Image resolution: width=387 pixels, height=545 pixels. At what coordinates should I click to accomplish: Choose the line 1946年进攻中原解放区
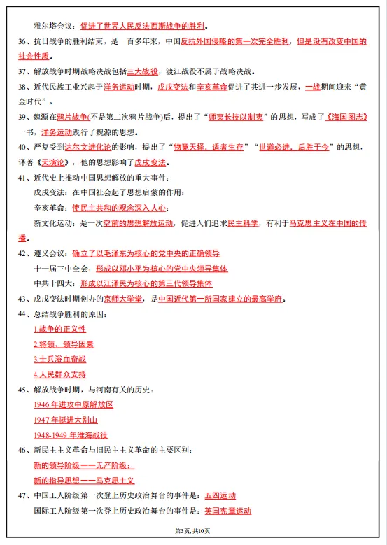[x=73, y=404]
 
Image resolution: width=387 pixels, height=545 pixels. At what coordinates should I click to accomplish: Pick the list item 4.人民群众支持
[x=59, y=374]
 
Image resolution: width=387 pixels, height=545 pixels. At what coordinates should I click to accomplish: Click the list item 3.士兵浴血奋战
[x=59, y=359]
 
